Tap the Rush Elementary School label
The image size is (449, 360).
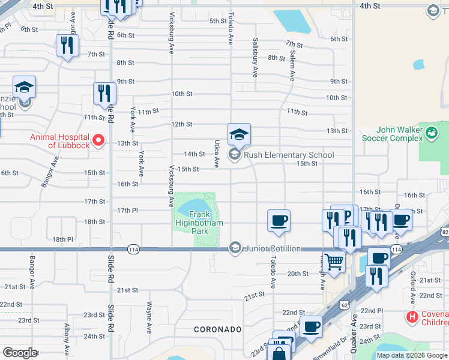pos(288,155)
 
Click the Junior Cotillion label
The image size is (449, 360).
pos(273,248)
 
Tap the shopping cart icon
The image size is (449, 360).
pos(334,262)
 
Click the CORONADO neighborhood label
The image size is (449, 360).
pos(217,329)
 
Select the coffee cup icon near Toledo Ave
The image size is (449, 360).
pos(279,220)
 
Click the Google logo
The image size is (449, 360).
pos(19,353)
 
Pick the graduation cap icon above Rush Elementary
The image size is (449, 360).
pos(239,134)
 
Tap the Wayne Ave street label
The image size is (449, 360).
pos(149,317)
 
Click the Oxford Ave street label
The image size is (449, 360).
pos(413,287)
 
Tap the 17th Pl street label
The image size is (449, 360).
pos(128,210)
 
